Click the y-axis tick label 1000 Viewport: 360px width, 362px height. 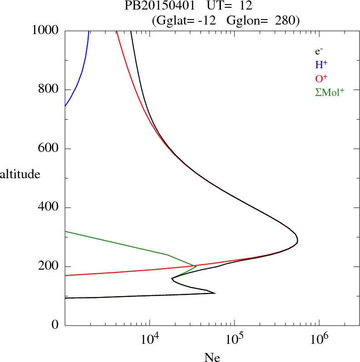[45, 30]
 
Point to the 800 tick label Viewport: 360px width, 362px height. [49, 90]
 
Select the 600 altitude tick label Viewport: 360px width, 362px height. [49, 149]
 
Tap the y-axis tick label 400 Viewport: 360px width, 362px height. [49, 208]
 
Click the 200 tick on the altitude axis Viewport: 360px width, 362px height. [49, 266]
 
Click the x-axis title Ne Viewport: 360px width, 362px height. [212, 357]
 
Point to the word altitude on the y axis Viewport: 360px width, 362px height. [20, 174]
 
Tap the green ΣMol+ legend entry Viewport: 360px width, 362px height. [330, 92]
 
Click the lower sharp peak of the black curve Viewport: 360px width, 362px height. [215, 293]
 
